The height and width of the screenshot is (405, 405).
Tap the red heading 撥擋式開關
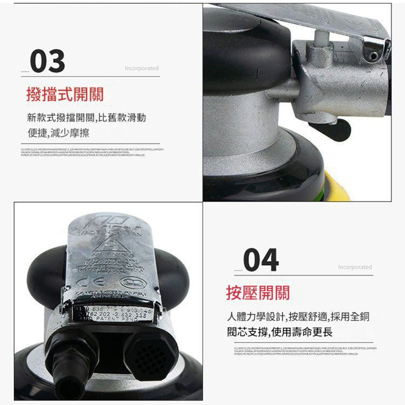[x=65, y=94]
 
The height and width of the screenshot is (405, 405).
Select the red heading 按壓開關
[x=258, y=292]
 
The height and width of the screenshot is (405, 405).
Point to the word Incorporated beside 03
[x=142, y=68]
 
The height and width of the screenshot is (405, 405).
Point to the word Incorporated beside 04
[x=355, y=267]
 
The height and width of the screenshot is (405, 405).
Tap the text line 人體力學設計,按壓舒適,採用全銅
[x=298, y=317]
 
